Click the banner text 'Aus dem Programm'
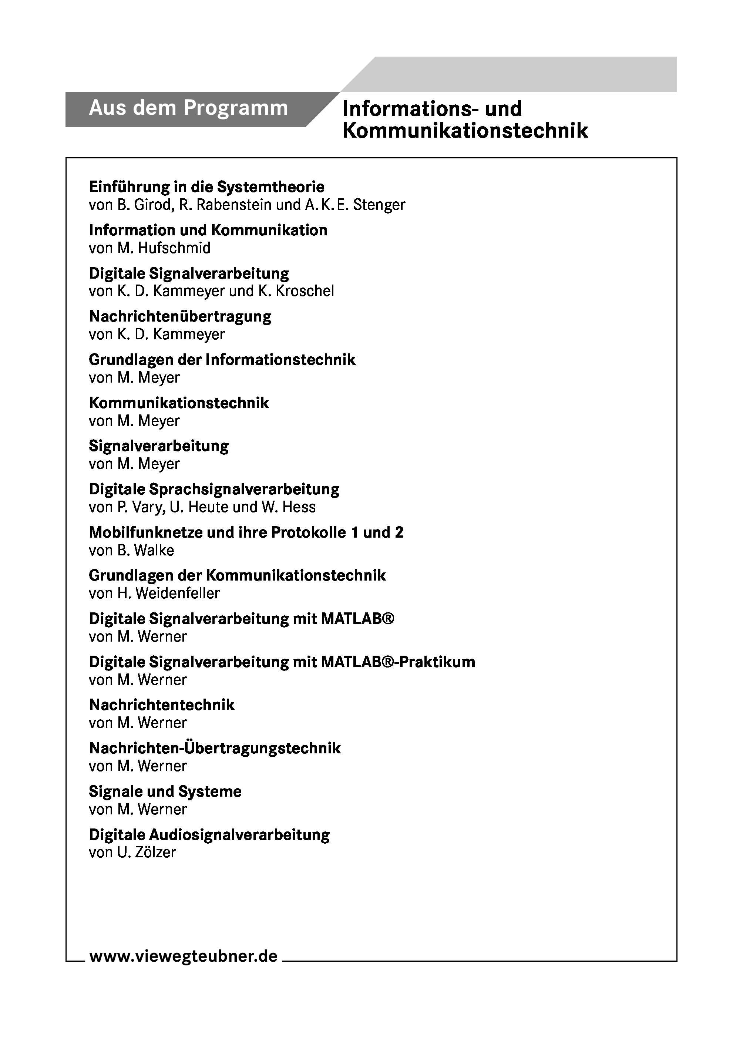click(x=188, y=108)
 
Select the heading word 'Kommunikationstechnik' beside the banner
click(x=465, y=131)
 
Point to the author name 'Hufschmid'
click(x=174, y=248)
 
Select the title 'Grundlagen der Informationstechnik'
click(x=222, y=360)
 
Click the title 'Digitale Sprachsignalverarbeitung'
click(x=214, y=489)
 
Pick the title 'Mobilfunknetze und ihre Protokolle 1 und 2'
click(x=246, y=532)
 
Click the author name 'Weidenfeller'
click(x=178, y=594)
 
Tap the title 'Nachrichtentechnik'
click(x=161, y=705)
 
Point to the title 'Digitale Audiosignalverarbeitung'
click(x=209, y=834)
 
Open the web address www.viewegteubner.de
click(x=183, y=956)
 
